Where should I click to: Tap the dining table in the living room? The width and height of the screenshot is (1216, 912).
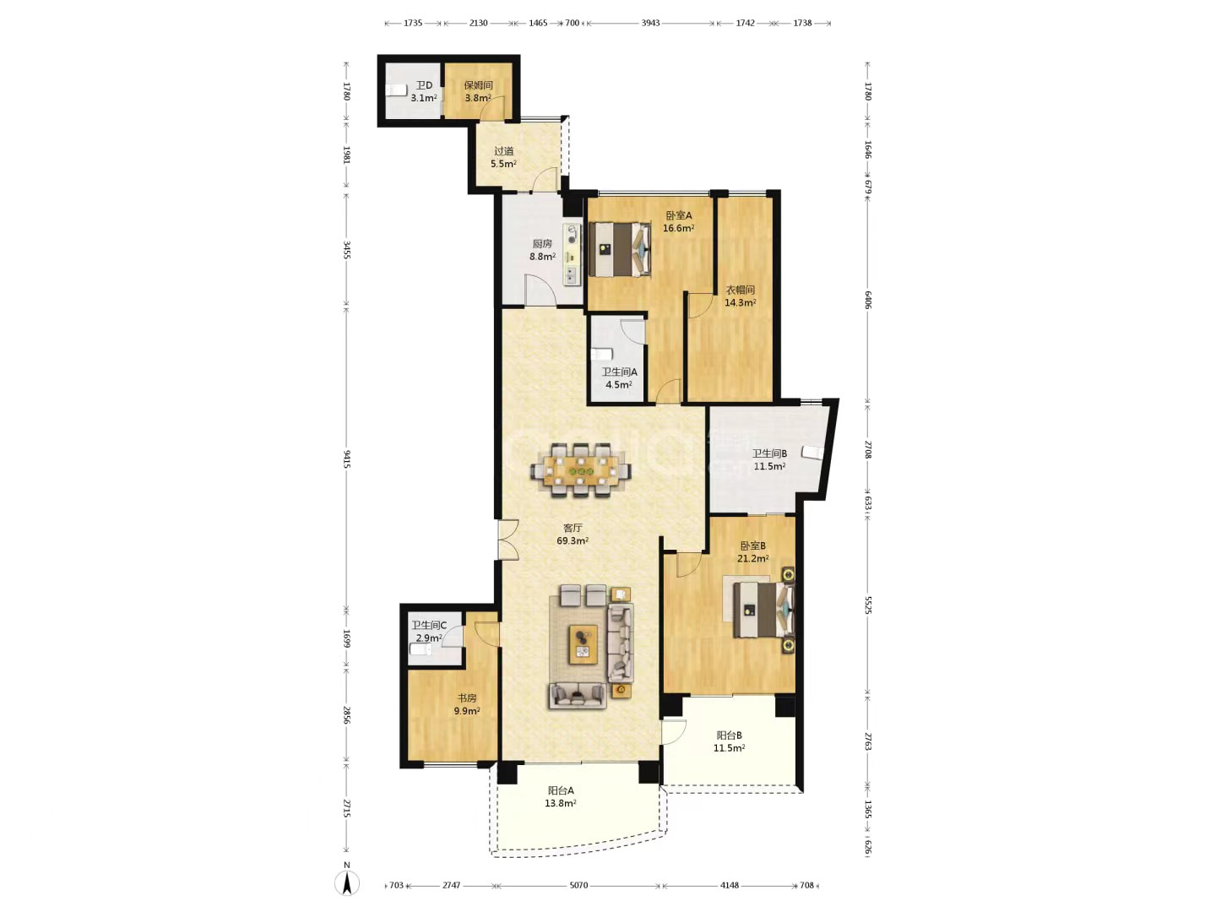point(581,470)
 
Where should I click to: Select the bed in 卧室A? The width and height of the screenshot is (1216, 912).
point(619,249)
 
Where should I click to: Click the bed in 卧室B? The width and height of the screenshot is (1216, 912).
point(763,610)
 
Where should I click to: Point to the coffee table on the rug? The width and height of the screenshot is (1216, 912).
point(584,644)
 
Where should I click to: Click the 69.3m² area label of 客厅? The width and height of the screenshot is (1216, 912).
point(573,540)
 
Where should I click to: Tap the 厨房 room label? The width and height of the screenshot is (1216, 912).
point(542,244)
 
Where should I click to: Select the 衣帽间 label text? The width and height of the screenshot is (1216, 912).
point(740,290)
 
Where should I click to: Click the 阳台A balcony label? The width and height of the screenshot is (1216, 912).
point(561,790)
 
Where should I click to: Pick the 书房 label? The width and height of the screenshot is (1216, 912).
point(466,698)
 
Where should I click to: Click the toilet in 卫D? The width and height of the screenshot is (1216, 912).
point(396,90)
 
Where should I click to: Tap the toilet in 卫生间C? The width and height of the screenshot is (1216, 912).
point(421,649)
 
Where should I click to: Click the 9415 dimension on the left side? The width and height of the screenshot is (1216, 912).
point(347,459)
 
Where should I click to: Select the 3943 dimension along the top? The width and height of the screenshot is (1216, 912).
point(650,24)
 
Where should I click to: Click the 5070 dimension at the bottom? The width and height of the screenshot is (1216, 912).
point(578,886)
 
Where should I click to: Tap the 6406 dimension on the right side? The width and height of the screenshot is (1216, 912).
point(867,300)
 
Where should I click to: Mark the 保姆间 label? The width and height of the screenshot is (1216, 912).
point(478,85)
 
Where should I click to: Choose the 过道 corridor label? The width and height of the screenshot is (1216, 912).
point(503,150)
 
